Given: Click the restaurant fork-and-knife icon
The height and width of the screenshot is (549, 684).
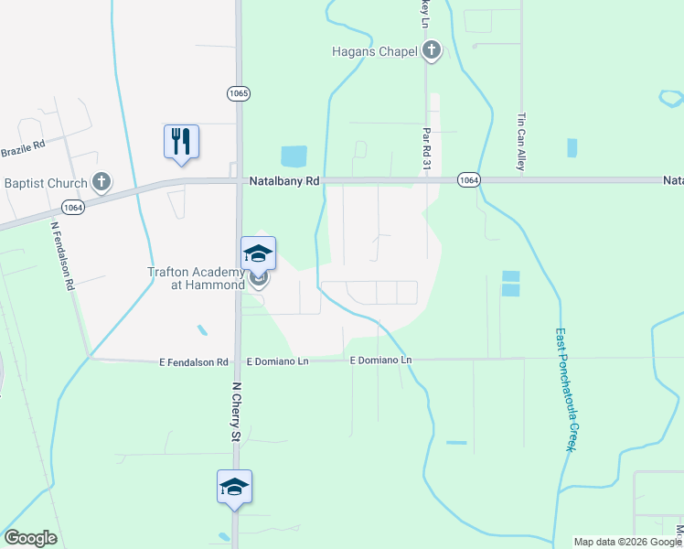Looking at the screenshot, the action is pyautogui.click(x=181, y=141).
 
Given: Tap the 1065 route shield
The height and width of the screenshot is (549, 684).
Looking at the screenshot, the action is pyautogui.click(x=239, y=93).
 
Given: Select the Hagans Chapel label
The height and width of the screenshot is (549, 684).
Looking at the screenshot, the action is pyautogui.click(x=375, y=51).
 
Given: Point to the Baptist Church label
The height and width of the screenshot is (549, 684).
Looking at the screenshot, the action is pyautogui.click(x=44, y=183).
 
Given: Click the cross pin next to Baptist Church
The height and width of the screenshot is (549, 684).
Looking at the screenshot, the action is pyautogui.click(x=102, y=183).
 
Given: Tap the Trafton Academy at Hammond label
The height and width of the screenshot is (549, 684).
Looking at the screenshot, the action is pyautogui.click(x=197, y=278).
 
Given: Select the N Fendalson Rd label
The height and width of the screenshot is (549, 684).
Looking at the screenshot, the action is pyautogui.click(x=62, y=256).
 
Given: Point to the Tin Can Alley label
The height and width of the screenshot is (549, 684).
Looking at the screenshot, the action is pyautogui.click(x=521, y=142).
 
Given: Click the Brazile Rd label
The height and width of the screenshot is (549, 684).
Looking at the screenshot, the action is pyautogui.click(x=23, y=149).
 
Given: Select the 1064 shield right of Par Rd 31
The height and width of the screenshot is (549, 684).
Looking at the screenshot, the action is pyautogui.click(x=468, y=180).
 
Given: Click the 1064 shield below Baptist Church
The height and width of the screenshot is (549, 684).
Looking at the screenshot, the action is pyautogui.click(x=72, y=208).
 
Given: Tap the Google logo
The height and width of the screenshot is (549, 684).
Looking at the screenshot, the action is pyautogui.click(x=30, y=538).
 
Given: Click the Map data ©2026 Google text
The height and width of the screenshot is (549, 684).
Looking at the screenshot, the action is pyautogui.click(x=627, y=542).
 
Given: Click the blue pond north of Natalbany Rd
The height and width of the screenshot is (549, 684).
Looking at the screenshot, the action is pyautogui.click(x=294, y=156).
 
